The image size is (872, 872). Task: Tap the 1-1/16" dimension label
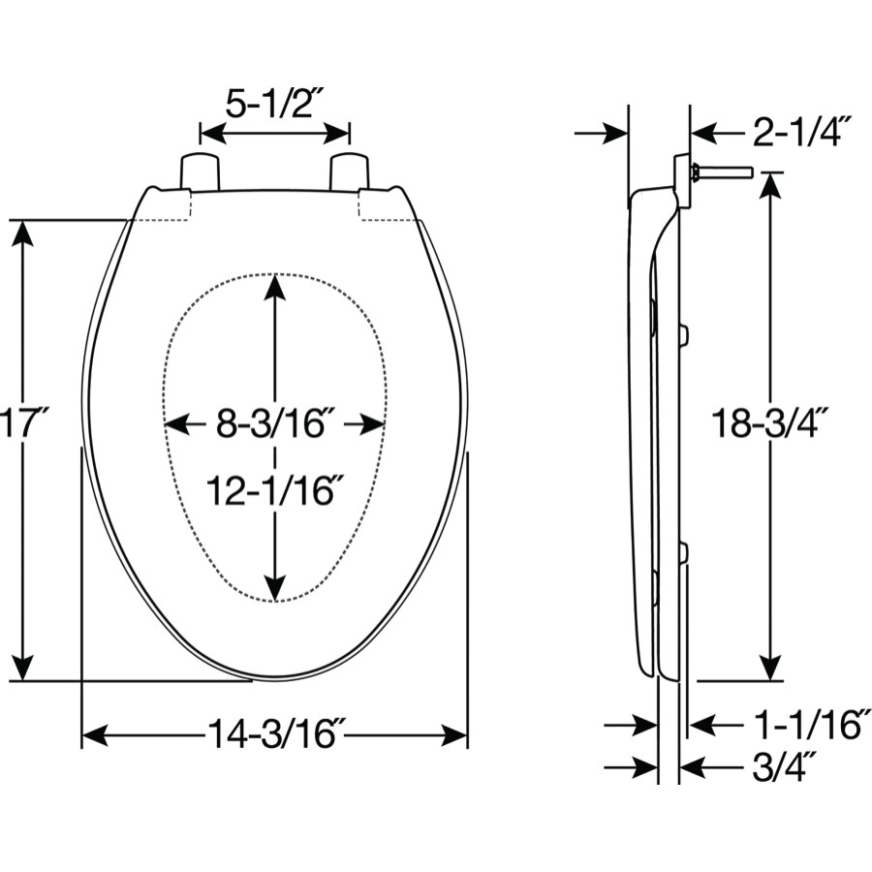pos(807,724)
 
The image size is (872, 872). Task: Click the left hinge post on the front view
pos(200,171)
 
